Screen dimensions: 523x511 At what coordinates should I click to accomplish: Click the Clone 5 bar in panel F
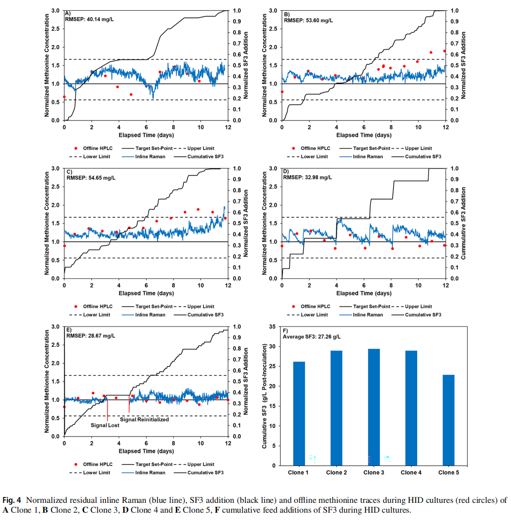coord(448,420)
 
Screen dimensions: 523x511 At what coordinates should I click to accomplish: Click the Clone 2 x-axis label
coord(336,472)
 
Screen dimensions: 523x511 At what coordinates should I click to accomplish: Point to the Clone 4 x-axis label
coord(411,472)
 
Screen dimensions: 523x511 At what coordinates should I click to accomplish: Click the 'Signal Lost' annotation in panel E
coord(105,425)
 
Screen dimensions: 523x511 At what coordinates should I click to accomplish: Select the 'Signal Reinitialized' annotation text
coord(144,419)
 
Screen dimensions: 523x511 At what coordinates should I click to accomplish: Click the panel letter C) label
coord(68,171)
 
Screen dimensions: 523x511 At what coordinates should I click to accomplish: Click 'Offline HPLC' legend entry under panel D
coord(315,306)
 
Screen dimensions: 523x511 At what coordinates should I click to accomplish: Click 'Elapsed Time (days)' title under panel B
coord(364,135)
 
